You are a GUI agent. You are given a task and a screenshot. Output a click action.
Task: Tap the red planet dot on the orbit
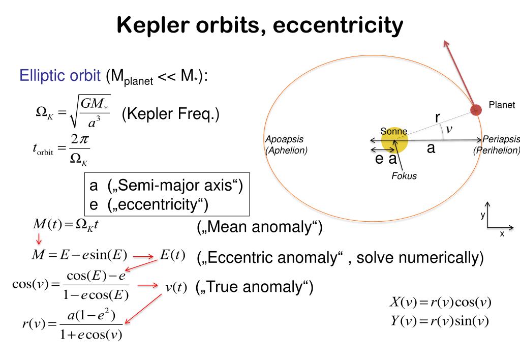[x=476, y=109]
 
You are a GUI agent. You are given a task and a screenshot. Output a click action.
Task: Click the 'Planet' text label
[x=502, y=105]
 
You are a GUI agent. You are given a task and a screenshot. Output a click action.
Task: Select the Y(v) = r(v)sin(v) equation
[x=439, y=321]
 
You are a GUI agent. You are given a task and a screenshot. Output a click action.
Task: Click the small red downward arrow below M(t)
[x=39, y=238]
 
